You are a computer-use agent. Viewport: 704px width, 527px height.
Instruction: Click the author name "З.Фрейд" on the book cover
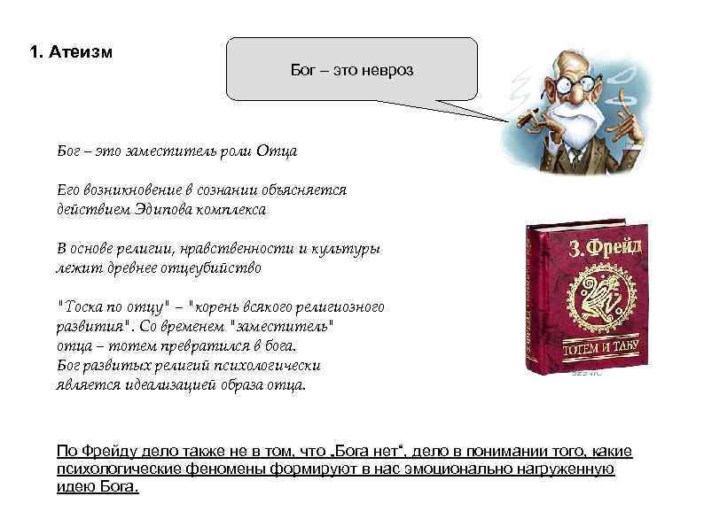pyautogui.click(x=597, y=244)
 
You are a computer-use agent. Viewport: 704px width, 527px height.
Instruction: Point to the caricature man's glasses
pyautogui.click(x=568, y=89)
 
